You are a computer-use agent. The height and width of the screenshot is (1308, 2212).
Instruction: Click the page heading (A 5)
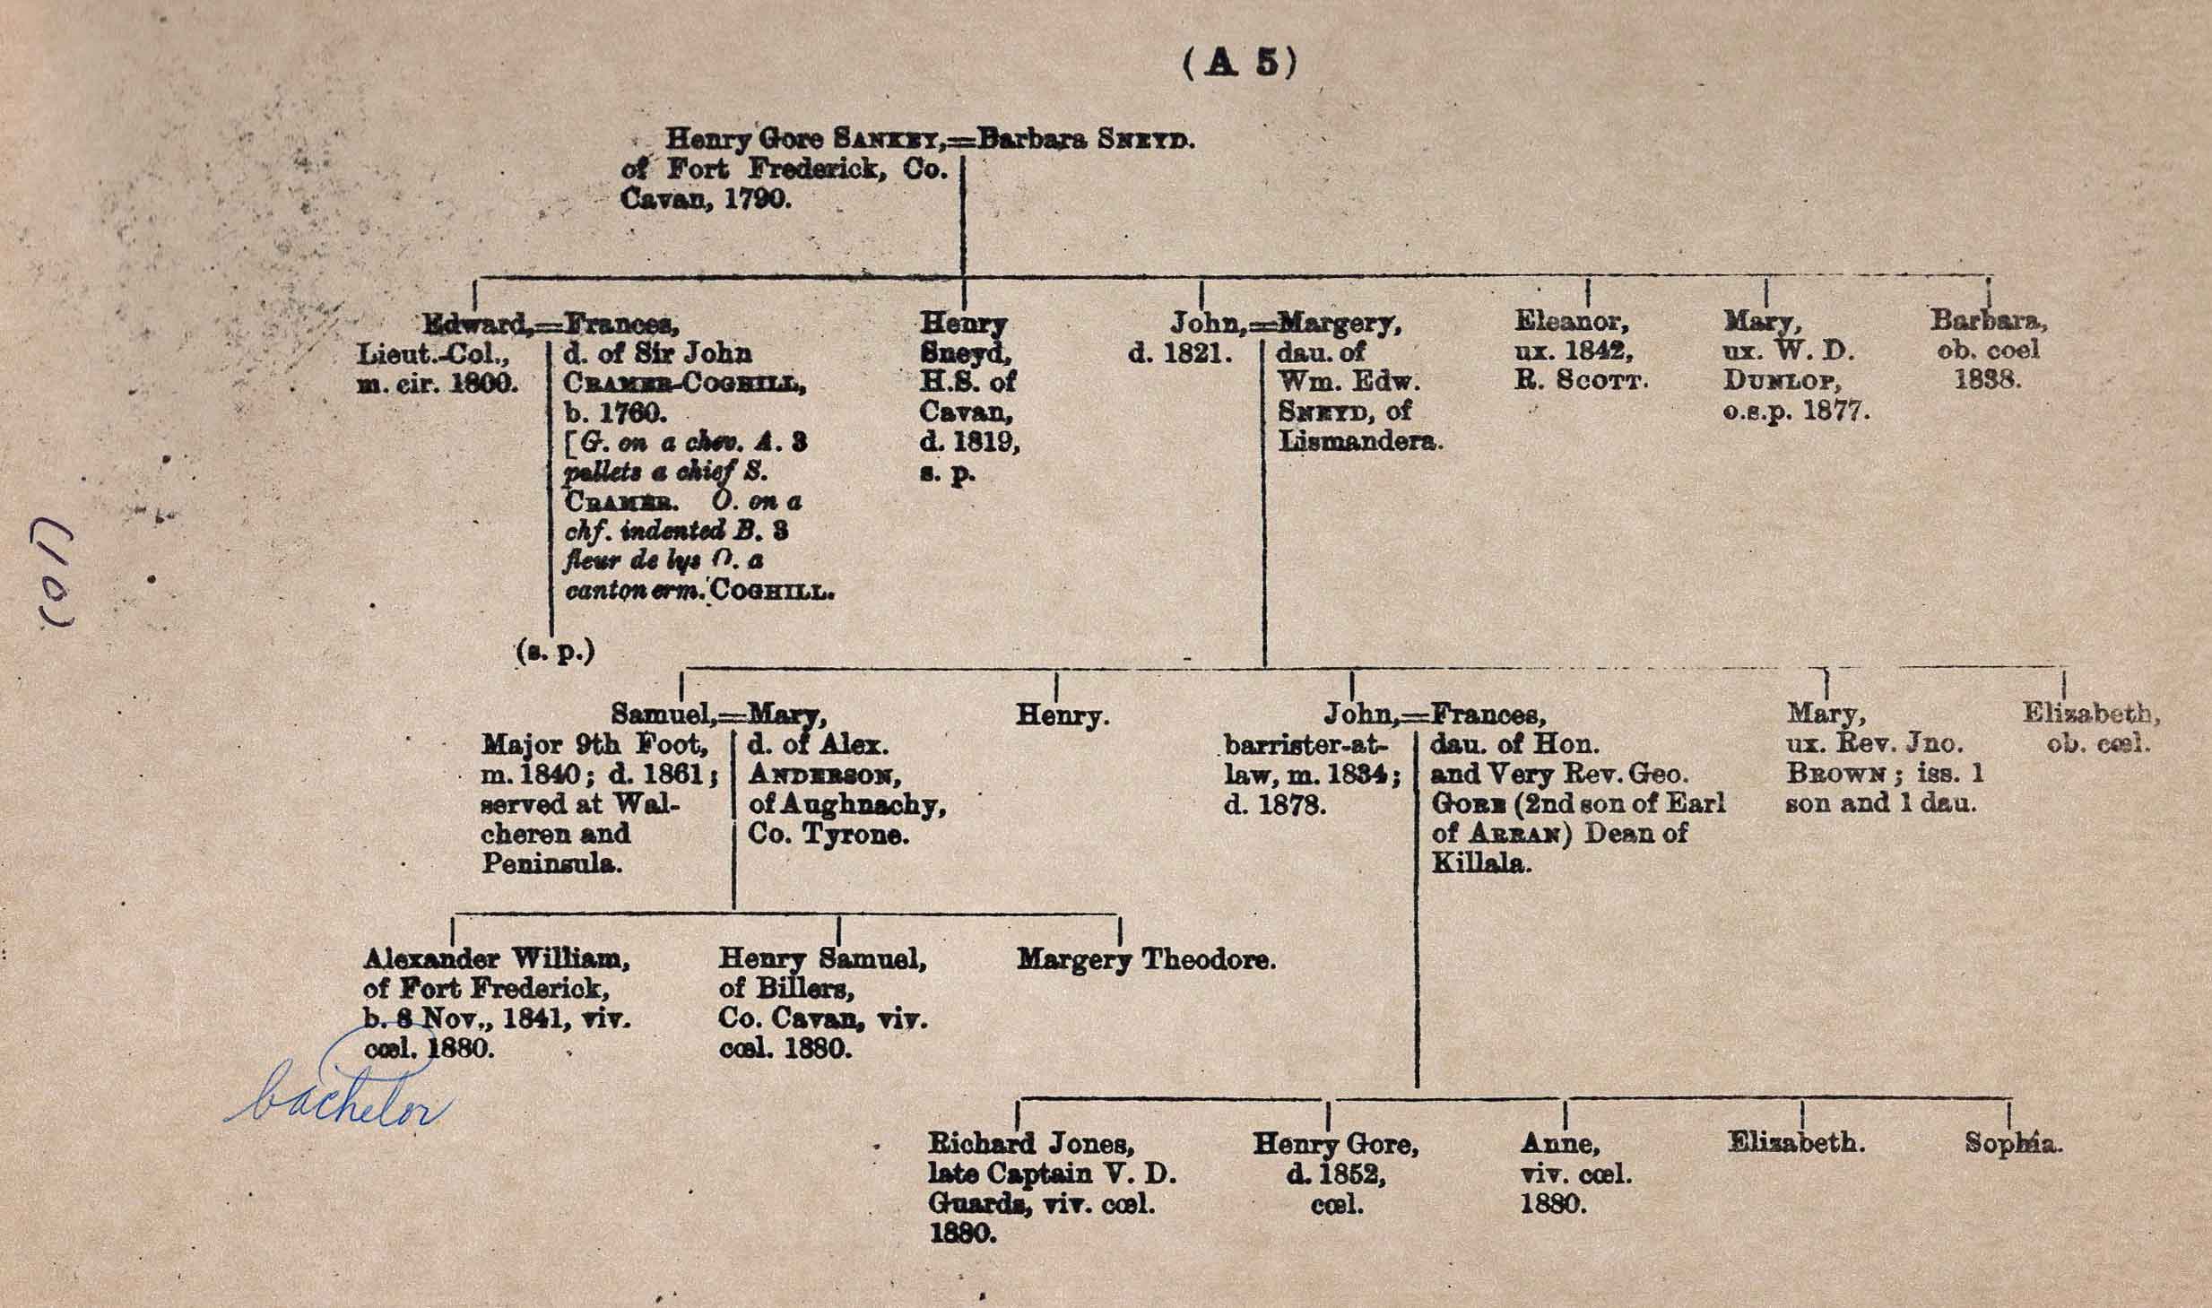(x=1239, y=64)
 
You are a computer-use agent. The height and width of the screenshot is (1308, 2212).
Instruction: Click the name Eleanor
(x=1571, y=321)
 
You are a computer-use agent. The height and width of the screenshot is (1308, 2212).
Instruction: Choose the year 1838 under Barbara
(x=1987, y=379)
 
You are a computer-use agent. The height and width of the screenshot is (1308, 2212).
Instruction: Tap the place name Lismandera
(x=1359, y=441)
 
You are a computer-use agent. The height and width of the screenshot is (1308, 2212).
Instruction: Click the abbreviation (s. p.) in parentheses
(x=556, y=652)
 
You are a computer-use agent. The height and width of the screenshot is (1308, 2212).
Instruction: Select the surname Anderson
(x=825, y=775)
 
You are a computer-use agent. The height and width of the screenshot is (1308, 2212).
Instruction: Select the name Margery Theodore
(x=1146, y=960)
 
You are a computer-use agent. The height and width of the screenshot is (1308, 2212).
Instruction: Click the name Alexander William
(x=496, y=959)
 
